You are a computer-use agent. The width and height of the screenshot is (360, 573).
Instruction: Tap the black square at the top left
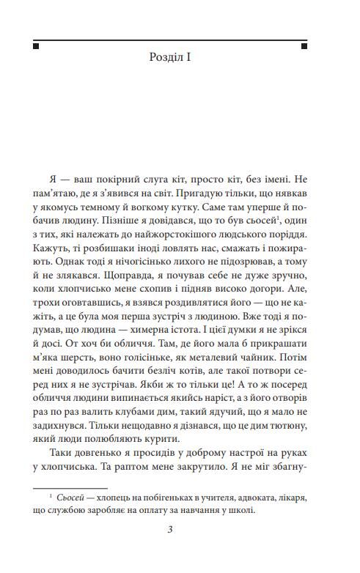click(x=36, y=45)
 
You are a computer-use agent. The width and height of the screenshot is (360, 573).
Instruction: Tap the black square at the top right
click(x=323, y=45)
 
